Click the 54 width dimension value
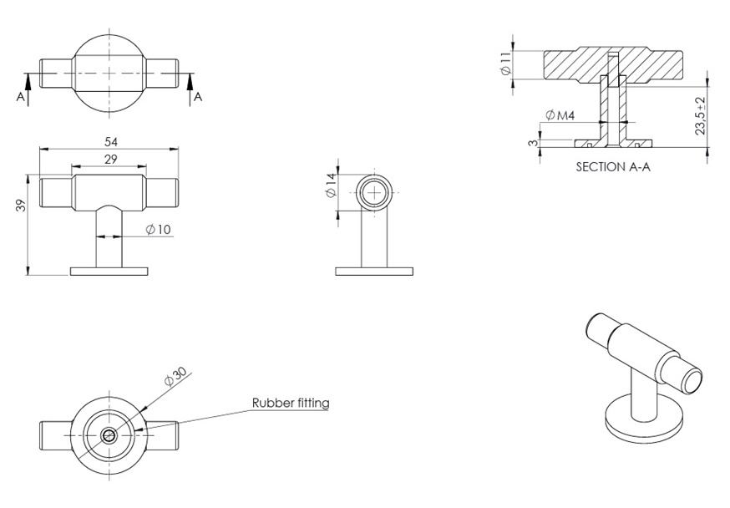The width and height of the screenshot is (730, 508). [111, 141]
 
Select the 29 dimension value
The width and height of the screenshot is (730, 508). [111, 160]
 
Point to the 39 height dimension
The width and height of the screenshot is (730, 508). [21, 206]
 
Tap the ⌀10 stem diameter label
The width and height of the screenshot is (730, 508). [159, 229]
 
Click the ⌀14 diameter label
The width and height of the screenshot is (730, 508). [331, 185]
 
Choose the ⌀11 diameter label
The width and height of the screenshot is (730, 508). [505, 63]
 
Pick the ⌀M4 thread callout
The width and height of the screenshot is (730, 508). [560, 115]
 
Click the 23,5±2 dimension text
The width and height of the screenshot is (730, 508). [701, 116]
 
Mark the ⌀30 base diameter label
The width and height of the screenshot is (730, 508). [176, 376]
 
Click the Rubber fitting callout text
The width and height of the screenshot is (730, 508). [291, 403]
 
